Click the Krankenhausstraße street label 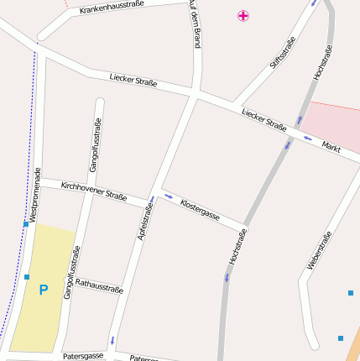[x=112, y=8]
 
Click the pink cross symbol [x=243, y=15]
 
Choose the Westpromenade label [x=34, y=194]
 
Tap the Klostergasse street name [x=201, y=210]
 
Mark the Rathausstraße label [x=99, y=285]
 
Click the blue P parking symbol [x=44, y=290]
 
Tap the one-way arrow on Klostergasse [x=169, y=197]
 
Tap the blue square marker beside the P [x=27, y=276]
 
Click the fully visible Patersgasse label [x=83, y=356]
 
